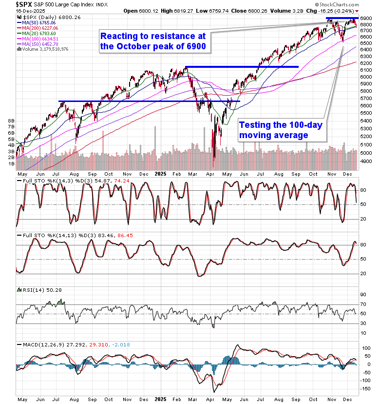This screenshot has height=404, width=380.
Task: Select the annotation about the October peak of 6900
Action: pyautogui.click(x=152, y=41)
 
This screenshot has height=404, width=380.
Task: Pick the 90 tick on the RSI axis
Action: pyautogui.click(x=363, y=294)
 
